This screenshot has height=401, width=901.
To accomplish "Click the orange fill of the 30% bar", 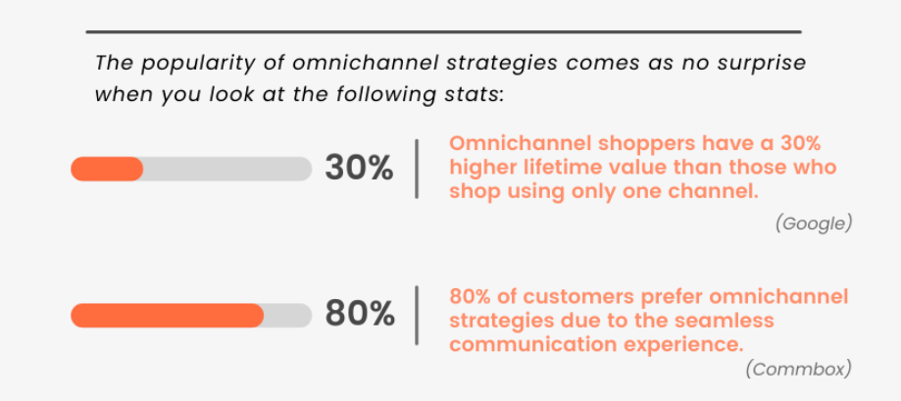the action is click(107, 169).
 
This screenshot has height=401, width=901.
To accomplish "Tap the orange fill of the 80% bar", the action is click(168, 316).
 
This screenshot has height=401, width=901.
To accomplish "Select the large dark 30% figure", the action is click(359, 169).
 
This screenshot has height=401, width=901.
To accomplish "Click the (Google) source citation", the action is click(813, 224).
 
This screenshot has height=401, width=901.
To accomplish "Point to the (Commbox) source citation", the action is click(798, 370).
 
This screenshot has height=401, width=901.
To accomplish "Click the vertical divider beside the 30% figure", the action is click(417, 169).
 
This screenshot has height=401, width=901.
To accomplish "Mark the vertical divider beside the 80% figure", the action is click(417, 316).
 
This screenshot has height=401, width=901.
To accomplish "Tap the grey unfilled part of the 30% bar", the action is click(227, 169).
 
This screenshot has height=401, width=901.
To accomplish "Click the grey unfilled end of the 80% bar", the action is click(288, 316).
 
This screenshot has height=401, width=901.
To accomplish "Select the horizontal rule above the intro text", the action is click(443, 31).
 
